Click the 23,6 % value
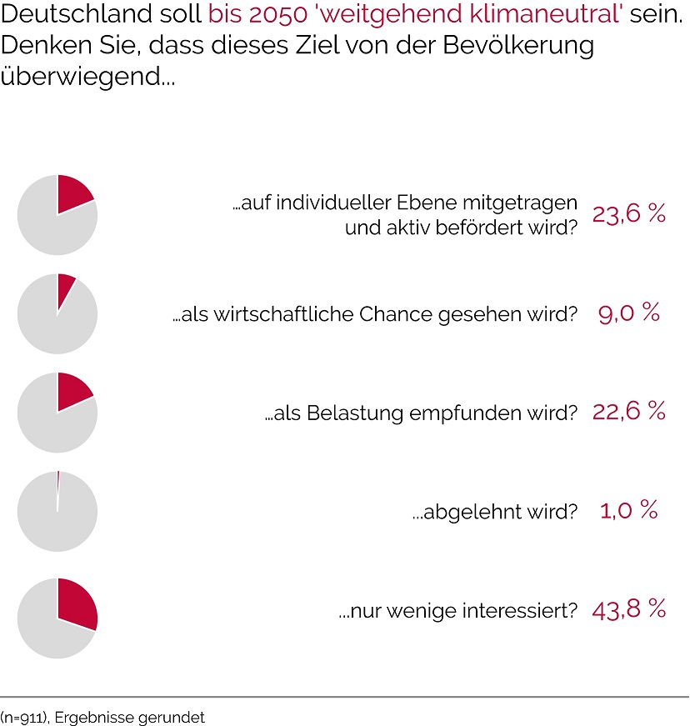point(629,214)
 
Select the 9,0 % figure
point(629,313)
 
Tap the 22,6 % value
point(629,411)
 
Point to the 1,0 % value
point(629,510)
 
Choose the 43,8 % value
point(629,608)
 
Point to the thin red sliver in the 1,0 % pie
point(58,479)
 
